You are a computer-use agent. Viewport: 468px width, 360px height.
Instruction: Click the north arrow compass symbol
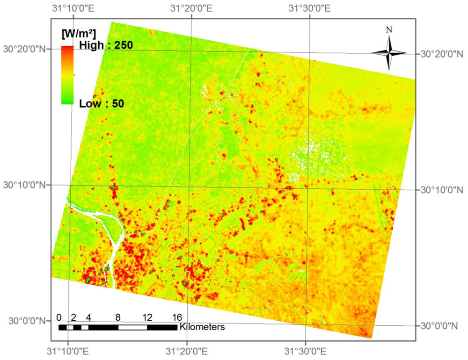389,52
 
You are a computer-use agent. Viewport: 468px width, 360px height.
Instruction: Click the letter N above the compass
389,29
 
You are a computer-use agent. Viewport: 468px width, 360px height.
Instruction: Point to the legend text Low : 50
102,104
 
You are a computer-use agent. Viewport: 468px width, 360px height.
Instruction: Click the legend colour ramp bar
67,74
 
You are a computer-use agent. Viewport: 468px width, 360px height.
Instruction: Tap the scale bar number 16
177,317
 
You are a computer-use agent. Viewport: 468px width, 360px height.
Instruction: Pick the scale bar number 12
147,317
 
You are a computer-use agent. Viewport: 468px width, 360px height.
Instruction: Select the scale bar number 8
118,317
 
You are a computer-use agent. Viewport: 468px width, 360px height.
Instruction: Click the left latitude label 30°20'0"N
25,49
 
